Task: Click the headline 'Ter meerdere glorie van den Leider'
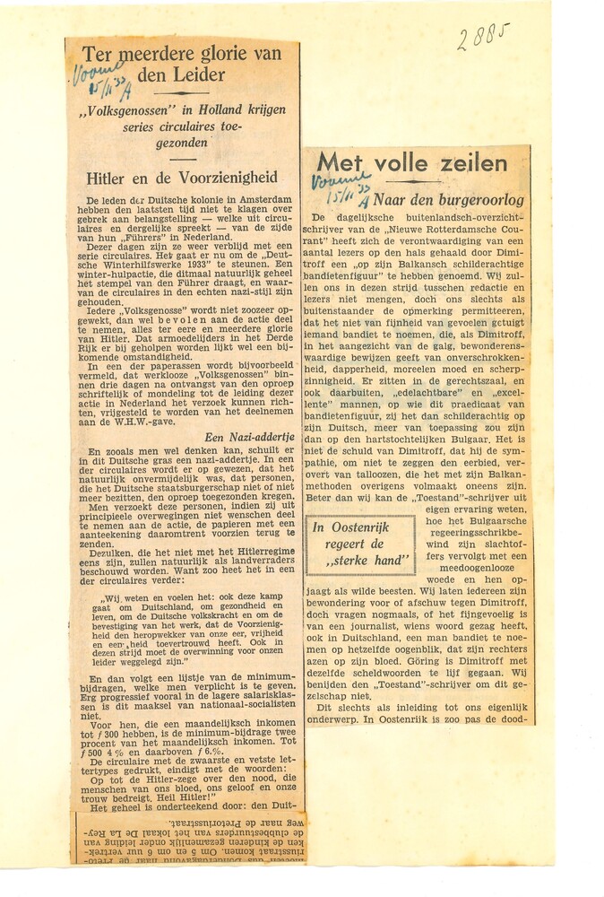pos(182,64)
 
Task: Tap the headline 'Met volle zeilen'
pos(412,163)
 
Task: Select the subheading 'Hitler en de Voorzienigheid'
pos(182,178)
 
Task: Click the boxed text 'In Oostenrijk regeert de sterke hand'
pos(360,544)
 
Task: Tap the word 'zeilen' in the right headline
pos(469,163)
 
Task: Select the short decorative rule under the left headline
pos(182,93)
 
